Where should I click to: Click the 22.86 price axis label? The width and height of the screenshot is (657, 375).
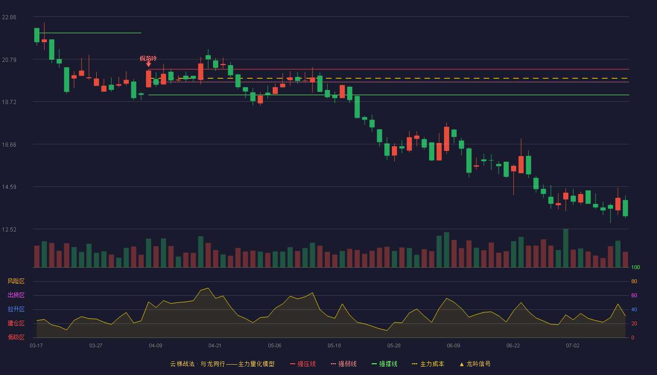point(9,17)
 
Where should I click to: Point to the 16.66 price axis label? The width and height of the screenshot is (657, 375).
point(9,145)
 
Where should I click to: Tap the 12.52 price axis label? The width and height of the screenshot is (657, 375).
point(9,230)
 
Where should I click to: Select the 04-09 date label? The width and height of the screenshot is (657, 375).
point(155,346)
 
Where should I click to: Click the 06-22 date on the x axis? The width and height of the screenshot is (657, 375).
point(513,346)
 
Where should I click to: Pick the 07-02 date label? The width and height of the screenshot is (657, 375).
point(573,346)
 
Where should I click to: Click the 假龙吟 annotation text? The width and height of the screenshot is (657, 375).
point(148,58)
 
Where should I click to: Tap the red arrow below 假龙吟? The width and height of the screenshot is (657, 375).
point(149,64)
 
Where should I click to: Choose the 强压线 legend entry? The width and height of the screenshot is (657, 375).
point(303,364)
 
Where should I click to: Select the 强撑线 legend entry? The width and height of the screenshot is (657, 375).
point(384,364)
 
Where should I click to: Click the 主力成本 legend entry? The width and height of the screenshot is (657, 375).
point(428,364)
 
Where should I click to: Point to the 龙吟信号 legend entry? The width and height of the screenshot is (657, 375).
point(475,364)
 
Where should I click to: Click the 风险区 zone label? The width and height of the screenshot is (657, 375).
point(16,281)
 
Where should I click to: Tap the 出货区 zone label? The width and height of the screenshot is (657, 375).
point(16,295)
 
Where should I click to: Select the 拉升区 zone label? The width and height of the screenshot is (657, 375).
point(16,309)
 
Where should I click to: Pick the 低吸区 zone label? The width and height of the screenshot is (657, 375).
point(16,337)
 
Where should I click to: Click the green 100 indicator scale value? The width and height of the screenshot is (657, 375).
point(635,267)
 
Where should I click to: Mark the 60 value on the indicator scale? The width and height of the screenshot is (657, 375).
point(634,295)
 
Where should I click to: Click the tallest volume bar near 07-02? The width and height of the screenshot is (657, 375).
point(566,248)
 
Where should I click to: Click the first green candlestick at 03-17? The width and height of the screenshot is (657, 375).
point(37,35)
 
